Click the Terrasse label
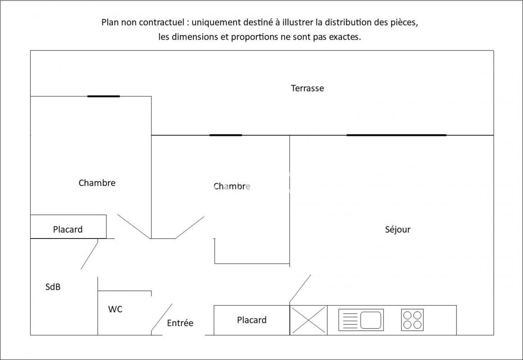307,88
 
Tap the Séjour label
398,229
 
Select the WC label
115,309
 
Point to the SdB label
53,287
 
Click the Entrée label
180,323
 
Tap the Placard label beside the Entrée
252,320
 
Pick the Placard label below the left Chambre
68,229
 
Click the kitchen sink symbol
361,320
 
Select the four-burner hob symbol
412,320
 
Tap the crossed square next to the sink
308,320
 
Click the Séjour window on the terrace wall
397,135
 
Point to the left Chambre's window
103,96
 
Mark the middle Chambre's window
225,135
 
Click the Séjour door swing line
300,288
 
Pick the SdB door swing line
89,254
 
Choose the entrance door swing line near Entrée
162,318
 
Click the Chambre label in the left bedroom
97,183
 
